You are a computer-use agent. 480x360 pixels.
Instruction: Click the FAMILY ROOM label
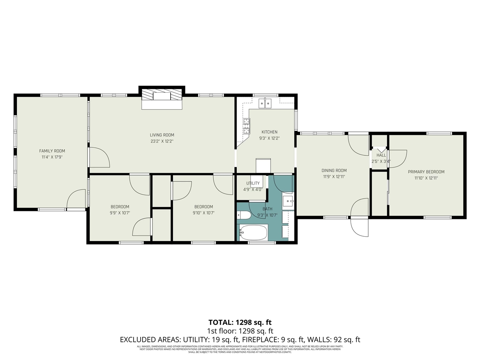[x=52, y=151]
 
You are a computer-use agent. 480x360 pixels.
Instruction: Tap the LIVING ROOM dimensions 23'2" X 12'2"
[x=162, y=141]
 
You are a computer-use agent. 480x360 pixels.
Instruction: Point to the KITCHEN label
[x=269, y=132]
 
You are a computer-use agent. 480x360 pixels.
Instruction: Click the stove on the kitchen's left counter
[x=246, y=126]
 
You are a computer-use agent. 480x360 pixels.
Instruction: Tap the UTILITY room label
[x=253, y=183]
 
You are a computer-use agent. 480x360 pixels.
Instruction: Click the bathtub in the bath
[x=253, y=233]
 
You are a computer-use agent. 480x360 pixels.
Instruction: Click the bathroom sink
[x=288, y=201]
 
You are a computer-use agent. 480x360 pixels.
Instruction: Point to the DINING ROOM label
[x=334, y=170]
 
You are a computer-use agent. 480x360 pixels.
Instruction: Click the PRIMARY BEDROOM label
[x=426, y=172]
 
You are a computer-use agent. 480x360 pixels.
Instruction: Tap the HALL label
[x=381, y=155]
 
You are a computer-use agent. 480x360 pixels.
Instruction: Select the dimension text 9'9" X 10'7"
[x=120, y=213]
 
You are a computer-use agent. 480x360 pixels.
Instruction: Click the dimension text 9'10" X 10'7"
[x=204, y=213]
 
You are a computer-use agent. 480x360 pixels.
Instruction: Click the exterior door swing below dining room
[x=359, y=227]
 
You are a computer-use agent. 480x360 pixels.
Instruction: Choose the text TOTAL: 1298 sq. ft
[x=240, y=322]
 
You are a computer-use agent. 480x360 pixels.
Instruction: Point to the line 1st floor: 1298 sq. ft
[x=240, y=331]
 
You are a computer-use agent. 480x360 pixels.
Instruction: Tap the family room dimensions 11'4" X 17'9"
[x=52, y=157]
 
